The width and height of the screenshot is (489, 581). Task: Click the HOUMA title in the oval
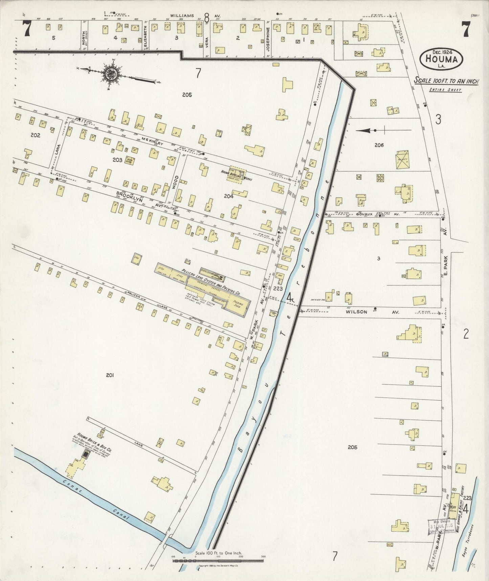pyautogui.click(x=441, y=60)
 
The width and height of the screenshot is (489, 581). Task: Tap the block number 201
pyautogui.click(x=109, y=375)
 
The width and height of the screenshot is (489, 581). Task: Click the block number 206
pyautogui.click(x=379, y=145)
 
